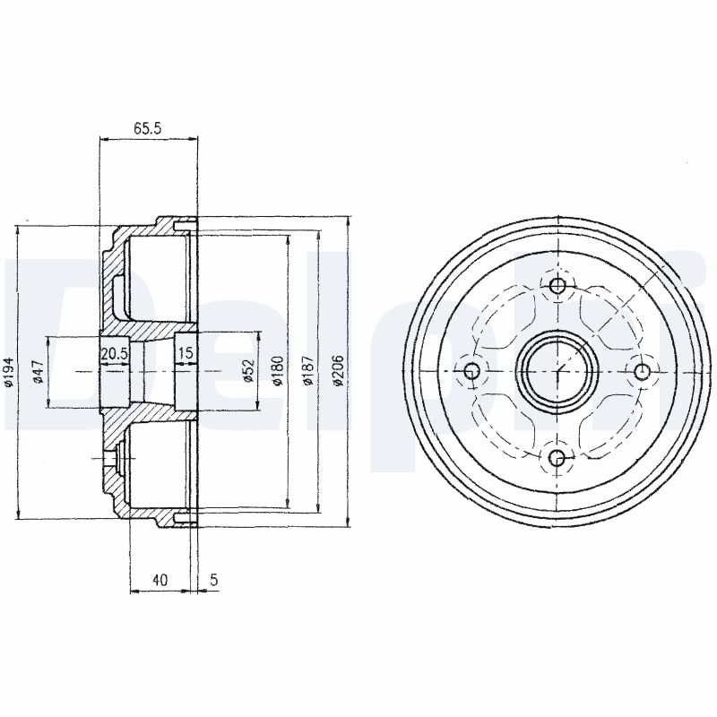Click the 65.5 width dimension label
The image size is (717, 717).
click(x=148, y=128)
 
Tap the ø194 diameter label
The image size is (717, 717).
click(x=10, y=371)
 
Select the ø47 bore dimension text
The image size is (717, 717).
click(x=38, y=371)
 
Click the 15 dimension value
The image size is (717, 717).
click(x=186, y=352)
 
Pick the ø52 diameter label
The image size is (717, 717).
click(x=249, y=370)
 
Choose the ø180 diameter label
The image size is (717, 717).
click(x=278, y=370)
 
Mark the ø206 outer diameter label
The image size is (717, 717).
click(x=338, y=370)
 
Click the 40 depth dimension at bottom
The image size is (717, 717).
click(x=160, y=580)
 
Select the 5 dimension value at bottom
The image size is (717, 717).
click(x=214, y=580)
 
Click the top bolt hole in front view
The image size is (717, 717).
click(x=557, y=286)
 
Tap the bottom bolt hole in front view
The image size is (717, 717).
click(x=557, y=456)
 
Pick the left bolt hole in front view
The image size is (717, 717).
click(x=471, y=371)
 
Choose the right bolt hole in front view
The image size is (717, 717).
click(x=643, y=371)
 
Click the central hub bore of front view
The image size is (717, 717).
click(x=557, y=371)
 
